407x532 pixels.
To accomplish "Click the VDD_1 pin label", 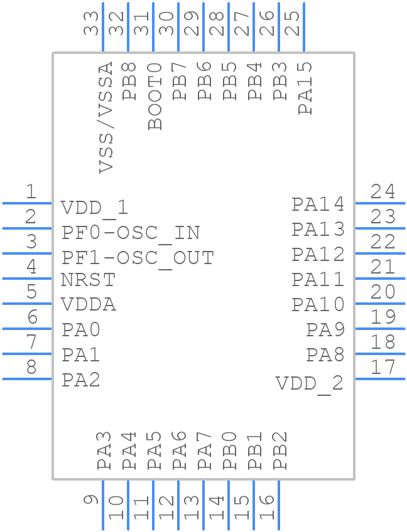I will pyautogui.click(x=94, y=208).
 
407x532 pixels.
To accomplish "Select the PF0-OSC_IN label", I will pyautogui.click(x=131, y=233).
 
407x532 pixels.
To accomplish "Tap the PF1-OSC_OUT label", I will pyautogui.click(x=138, y=258).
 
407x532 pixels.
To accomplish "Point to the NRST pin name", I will pyautogui.click(x=88, y=280).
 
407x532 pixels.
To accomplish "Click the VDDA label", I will pyautogui.click(x=89, y=305).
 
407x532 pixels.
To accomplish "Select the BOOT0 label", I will pyautogui.click(x=155, y=96).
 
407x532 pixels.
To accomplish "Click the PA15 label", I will pyautogui.click(x=305, y=88).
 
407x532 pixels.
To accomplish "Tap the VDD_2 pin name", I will pyautogui.click(x=310, y=383).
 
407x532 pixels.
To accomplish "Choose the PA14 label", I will pyautogui.click(x=318, y=205).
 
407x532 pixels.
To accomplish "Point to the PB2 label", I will pyautogui.click(x=280, y=450).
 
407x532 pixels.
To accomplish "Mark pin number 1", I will pyautogui.click(x=30, y=192).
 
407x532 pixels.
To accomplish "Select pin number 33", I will pyautogui.click(x=92, y=24).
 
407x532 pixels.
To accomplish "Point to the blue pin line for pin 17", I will pyautogui.click(x=380, y=378).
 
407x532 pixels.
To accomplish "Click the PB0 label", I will pyautogui.click(x=230, y=450).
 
